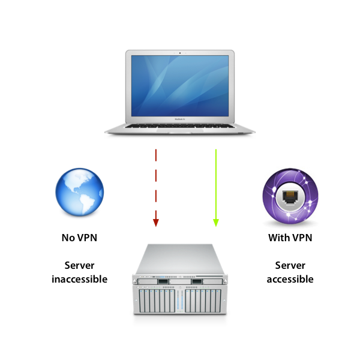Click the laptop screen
[x=180, y=87]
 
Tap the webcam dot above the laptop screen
[x=180, y=53]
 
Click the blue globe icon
[x=79, y=194]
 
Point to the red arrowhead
[x=156, y=223]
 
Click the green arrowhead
[x=216, y=223]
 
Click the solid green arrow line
[x=216, y=180]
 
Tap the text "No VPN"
[x=79, y=238]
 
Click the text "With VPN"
[x=290, y=238]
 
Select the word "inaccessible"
[x=79, y=279]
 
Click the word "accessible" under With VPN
[x=290, y=279]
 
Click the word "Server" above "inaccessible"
[x=79, y=265]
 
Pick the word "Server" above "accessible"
[x=290, y=265]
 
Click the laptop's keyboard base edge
[x=180, y=130]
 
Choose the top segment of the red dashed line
[x=156, y=155]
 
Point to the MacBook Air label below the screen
[x=180, y=119]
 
